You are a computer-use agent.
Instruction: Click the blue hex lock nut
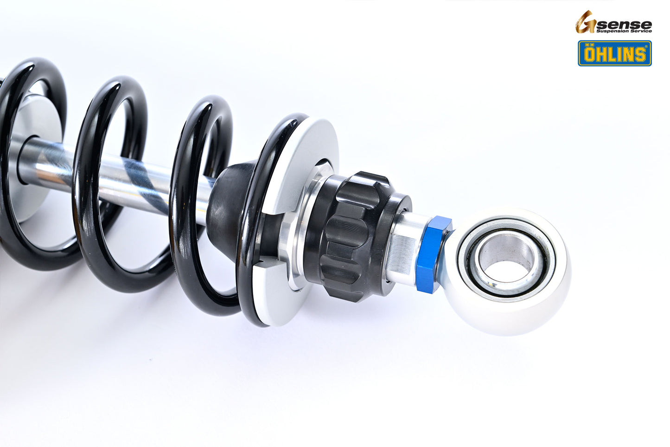pyautogui.click(x=432, y=255)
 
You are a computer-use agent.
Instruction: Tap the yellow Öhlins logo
pyautogui.click(x=614, y=53)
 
